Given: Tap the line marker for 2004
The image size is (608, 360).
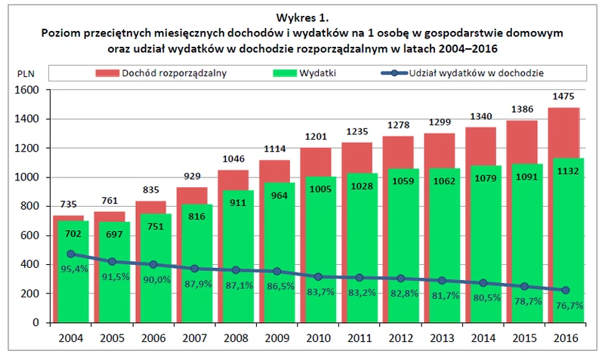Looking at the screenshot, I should coord(71,254).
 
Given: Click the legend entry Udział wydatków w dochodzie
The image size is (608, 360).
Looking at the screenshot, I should coord(477,73).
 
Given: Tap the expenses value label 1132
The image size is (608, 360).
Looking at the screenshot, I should coord(565,170).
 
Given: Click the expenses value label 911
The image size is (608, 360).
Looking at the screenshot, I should coord(236,202).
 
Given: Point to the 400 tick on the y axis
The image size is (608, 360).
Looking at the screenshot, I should coord(30,265).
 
